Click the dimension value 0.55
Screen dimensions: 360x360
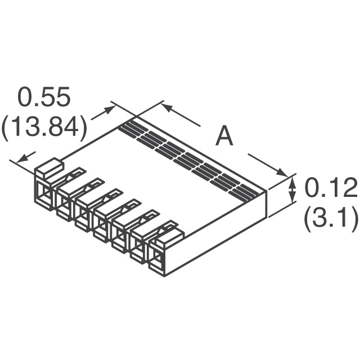(x=44, y=97)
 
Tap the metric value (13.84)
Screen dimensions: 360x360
(x=44, y=129)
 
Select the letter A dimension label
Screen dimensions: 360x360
(x=224, y=137)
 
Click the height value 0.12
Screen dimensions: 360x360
(x=331, y=189)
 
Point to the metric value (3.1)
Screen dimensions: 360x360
(x=331, y=220)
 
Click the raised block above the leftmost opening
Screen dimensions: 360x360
(x=49, y=166)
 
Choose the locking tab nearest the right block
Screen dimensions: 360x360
(x=165, y=226)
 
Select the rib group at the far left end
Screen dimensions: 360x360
(x=130, y=130)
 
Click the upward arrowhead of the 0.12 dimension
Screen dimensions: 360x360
(x=292, y=181)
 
